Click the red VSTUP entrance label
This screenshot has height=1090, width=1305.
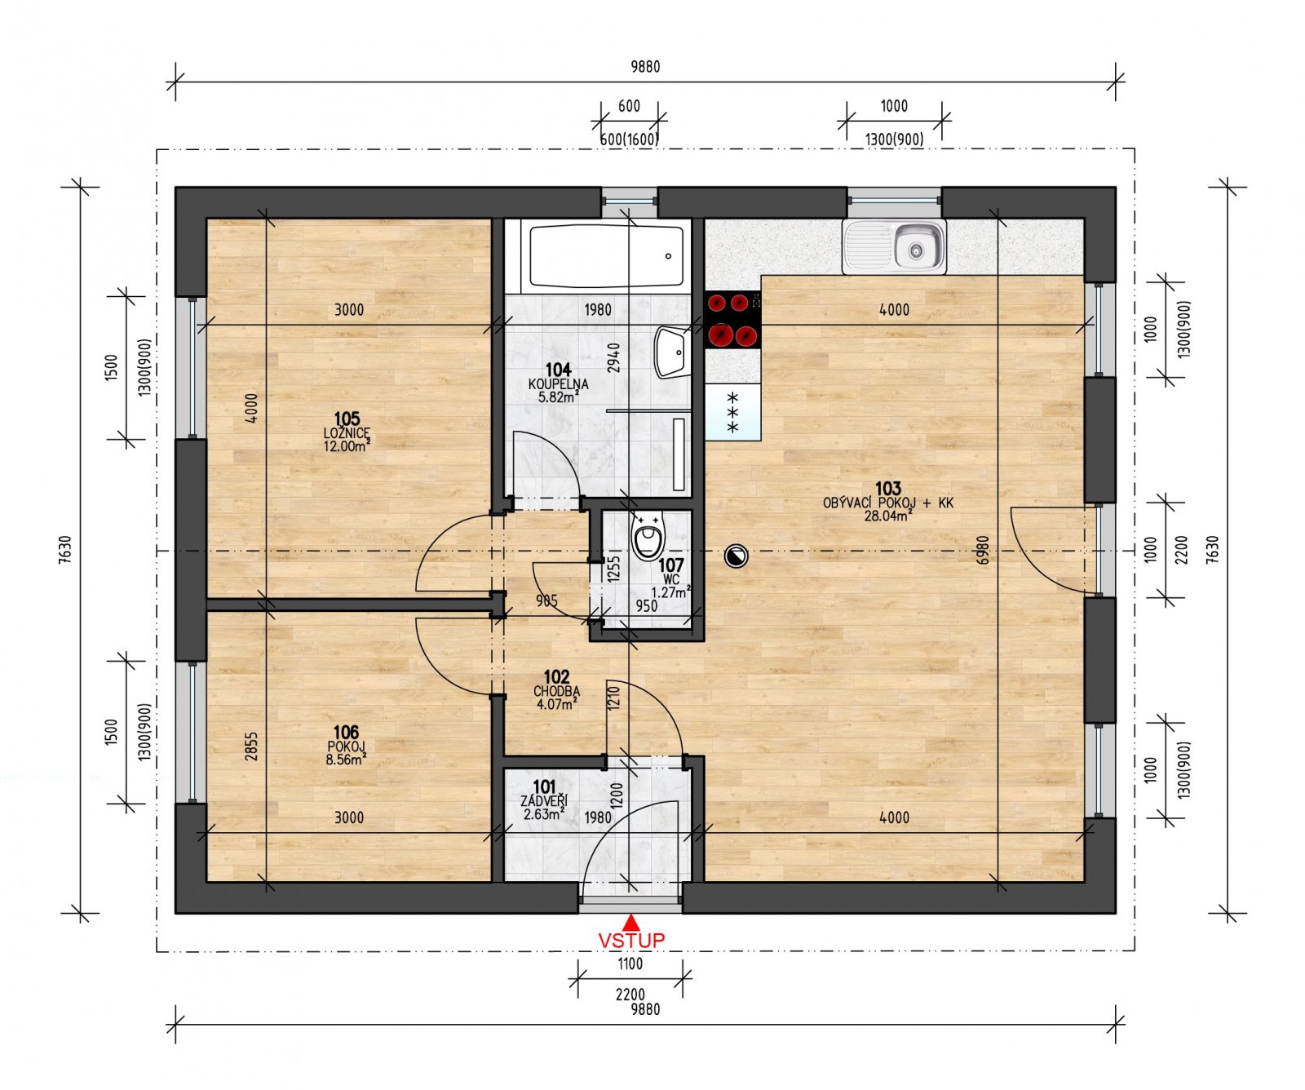(631, 940)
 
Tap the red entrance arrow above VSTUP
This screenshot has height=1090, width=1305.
(631, 923)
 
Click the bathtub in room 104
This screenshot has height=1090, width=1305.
(607, 255)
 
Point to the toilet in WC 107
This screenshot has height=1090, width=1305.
(649, 538)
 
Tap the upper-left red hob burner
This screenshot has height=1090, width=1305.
(717, 304)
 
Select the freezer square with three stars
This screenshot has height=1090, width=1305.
(732, 413)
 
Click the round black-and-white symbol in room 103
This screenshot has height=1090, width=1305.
(735, 557)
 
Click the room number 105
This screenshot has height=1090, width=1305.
(347, 419)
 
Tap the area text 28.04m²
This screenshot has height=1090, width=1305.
(887, 516)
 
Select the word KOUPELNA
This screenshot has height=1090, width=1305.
(558, 384)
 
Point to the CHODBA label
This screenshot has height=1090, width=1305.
(556, 691)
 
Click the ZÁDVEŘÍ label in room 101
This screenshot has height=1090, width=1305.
(544, 801)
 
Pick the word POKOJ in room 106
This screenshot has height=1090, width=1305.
(346, 747)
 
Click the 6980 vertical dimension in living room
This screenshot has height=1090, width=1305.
(983, 550)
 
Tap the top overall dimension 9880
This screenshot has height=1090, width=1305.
(644, 67)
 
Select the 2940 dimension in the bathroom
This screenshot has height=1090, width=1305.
(614, 357)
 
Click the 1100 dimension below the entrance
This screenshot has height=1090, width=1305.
(630, 964)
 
